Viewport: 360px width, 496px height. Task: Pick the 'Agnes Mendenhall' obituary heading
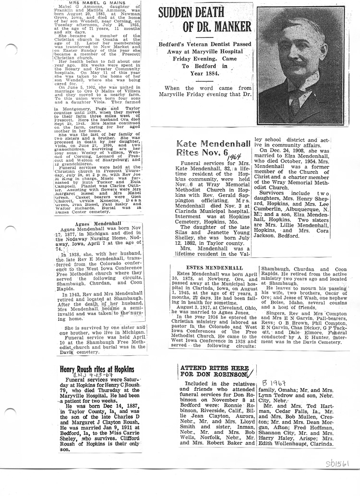[x=98, y=224]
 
